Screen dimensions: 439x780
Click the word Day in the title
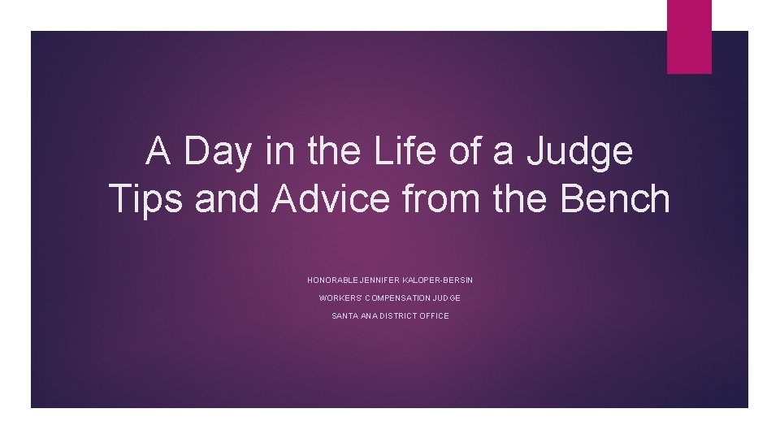(218, 152)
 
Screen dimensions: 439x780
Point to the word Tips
(146, 199)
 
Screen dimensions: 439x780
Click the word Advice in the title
(331, 199)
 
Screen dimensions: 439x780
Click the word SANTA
(344, 316)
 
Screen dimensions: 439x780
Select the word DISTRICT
(398, 316)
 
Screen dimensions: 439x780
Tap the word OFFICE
(435, 316)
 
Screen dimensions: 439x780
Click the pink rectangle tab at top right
(689, 37)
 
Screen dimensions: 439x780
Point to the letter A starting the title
(158, 152)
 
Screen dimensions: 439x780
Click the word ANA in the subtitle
(368, 316)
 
